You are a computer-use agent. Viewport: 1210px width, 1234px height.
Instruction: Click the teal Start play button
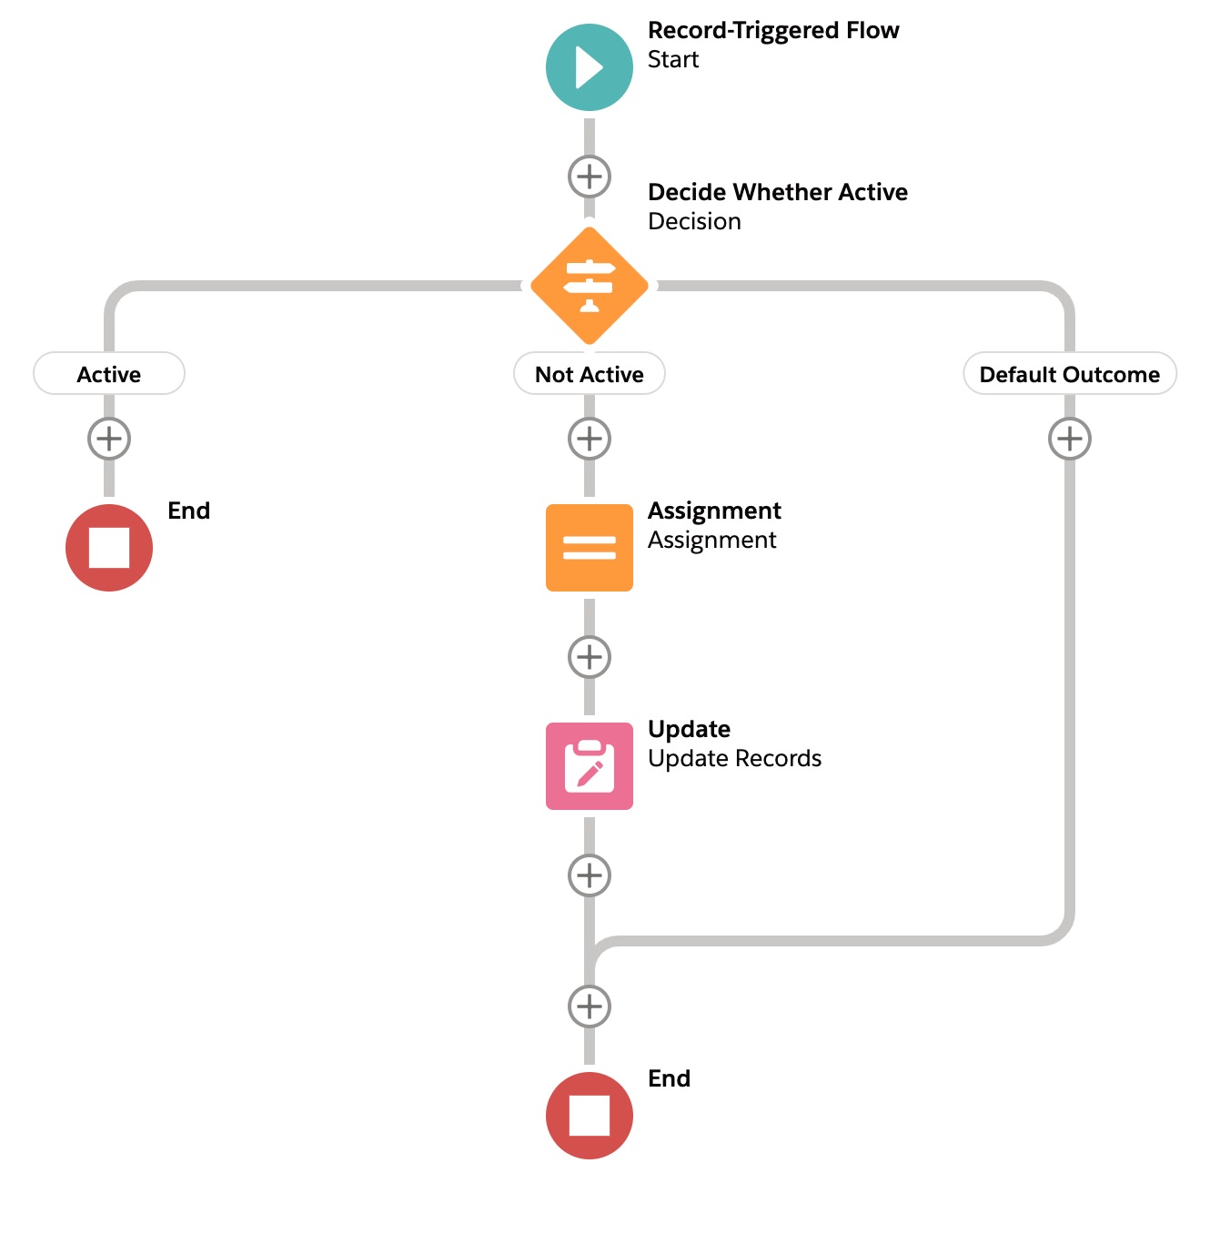click(590, 67)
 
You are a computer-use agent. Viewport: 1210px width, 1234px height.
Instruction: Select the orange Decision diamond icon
click(590, 286)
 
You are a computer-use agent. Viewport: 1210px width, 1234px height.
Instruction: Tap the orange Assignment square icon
click(590, 548)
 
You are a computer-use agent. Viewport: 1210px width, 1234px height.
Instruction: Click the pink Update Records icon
click(590, 766)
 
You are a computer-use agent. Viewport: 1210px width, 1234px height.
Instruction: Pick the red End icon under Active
click(109, 548)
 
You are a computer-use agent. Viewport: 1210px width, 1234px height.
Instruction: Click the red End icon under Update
click(590, 1116)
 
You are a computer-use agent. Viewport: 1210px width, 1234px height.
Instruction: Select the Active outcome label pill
click(109, 374)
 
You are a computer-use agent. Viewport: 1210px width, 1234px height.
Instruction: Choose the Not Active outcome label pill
click(590, 374)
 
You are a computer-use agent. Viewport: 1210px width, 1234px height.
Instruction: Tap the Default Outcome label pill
click(1069, 374)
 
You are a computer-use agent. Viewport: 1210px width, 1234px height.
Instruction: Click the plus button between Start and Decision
click(590, 177)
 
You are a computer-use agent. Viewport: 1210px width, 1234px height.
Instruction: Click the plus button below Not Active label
click(590, 439)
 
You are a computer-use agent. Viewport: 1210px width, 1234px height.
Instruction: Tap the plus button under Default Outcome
click(1070, 439)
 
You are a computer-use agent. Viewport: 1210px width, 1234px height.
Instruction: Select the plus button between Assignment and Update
click(590, 657)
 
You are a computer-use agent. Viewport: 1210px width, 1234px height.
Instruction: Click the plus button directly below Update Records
click(590, 875)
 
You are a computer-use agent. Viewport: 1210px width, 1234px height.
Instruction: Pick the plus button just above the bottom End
click(590, 1006)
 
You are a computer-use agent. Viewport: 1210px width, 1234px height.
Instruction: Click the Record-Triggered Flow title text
click(773, 31)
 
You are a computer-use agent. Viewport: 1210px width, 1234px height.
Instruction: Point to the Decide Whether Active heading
click(778, 193)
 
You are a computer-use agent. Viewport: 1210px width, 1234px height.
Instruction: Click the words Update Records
click(734, 759)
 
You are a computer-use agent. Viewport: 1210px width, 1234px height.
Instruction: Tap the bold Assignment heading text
click(714, 511)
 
